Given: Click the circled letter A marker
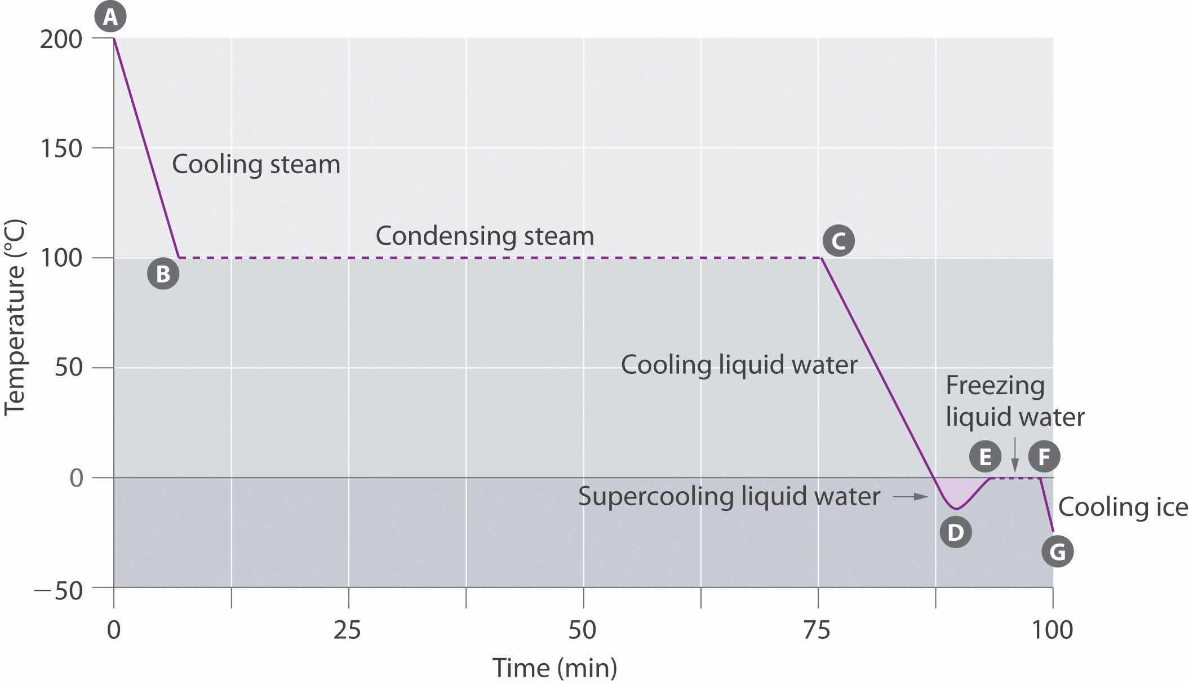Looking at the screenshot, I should pos(110,17).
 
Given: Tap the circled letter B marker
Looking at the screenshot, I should pos(163,273).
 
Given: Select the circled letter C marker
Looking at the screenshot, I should pos(838,241).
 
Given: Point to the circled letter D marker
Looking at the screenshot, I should pos(956,532).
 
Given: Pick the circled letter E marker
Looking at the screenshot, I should pos(985,456).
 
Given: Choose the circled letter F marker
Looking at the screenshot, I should pos(1044,456).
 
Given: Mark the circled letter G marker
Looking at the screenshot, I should pos(1057,551).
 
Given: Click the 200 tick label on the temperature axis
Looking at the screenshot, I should pos(61,39).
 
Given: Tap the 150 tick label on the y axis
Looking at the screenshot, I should pos(61,149).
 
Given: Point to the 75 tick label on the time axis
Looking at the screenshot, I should pos(817,630).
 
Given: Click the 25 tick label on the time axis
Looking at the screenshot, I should pos(347,630).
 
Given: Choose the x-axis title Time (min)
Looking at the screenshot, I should pos(555,668).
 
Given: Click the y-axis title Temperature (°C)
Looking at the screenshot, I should pos(15,318).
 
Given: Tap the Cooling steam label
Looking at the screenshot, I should pos(256,165).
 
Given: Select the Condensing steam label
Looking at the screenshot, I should pos(485,236).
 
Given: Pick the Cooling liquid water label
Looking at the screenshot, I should pos(739,365).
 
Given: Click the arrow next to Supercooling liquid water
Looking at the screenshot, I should pos(910,497).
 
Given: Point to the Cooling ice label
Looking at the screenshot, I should pos(1123,507).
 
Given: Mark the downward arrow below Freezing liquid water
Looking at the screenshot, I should pos(1015,454).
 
